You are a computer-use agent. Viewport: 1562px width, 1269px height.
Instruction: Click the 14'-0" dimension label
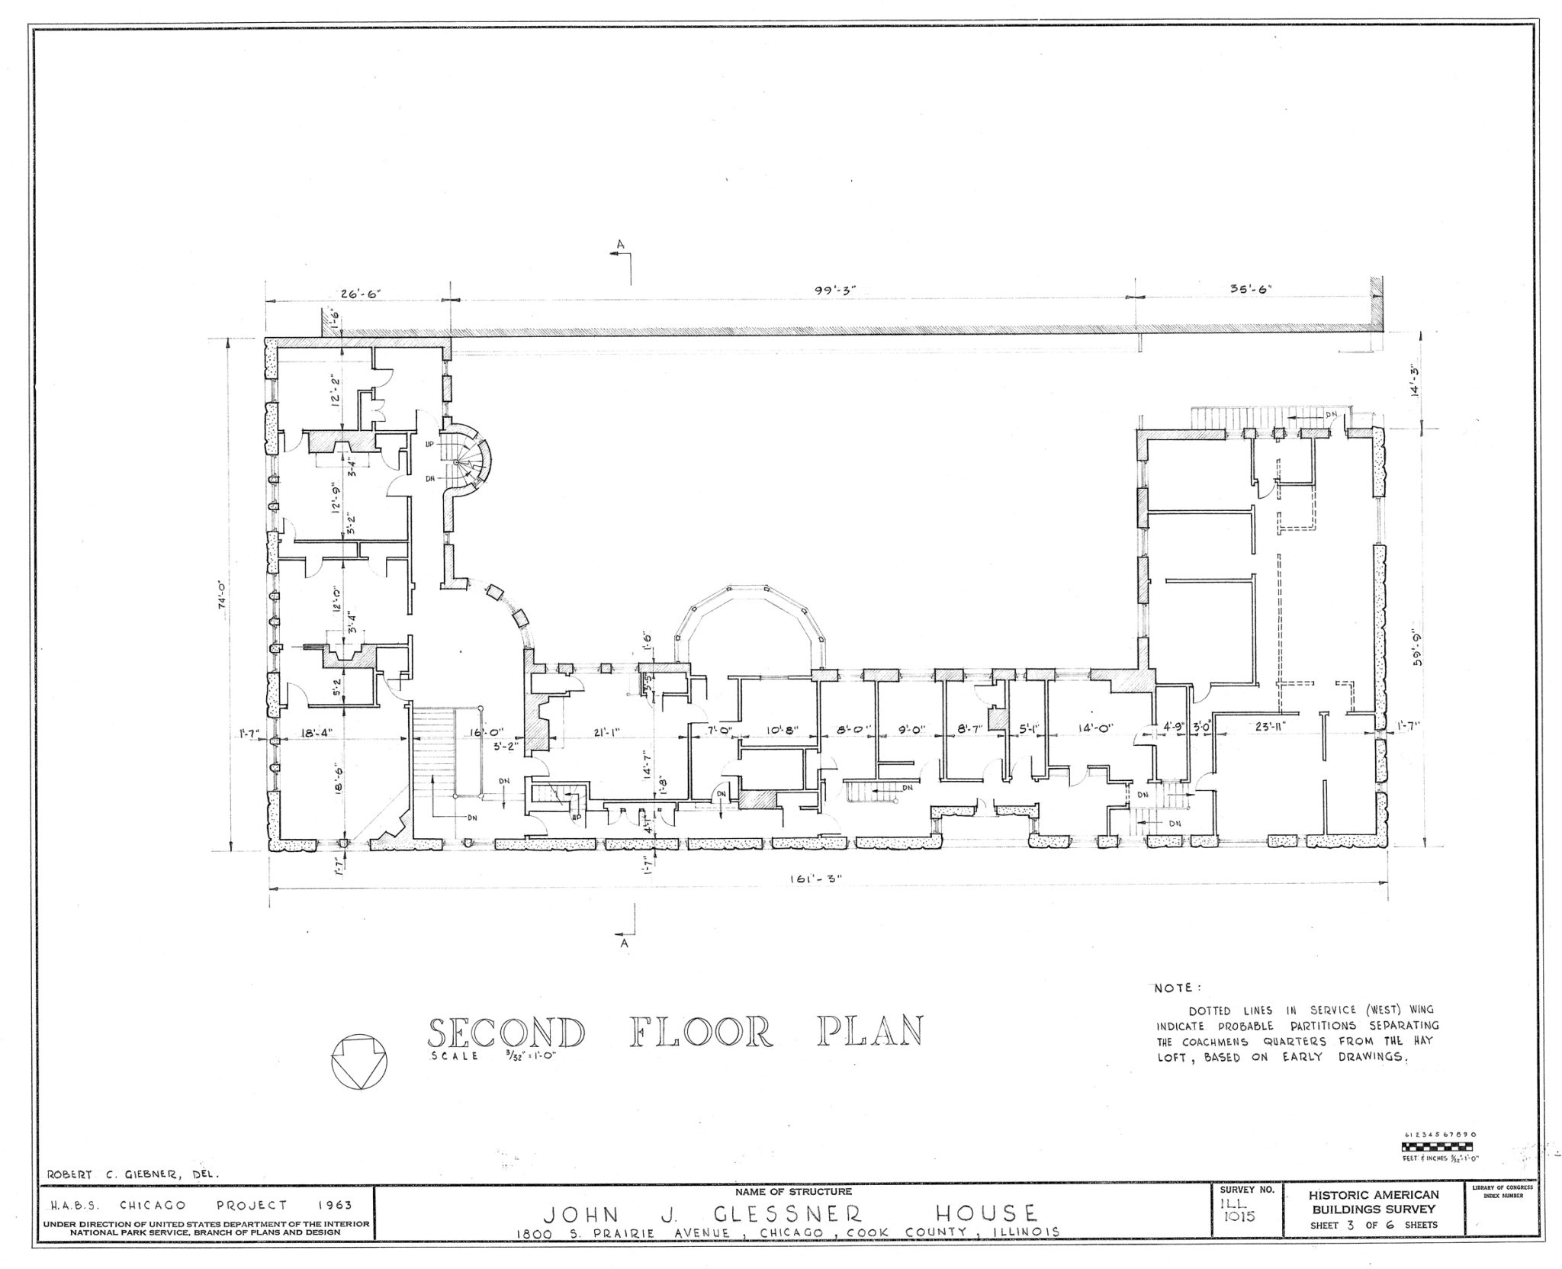point(1094,728)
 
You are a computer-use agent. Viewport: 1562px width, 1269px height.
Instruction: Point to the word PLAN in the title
point(869,1031)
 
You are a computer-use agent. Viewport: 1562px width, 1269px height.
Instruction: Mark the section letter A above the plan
point(622,243)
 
